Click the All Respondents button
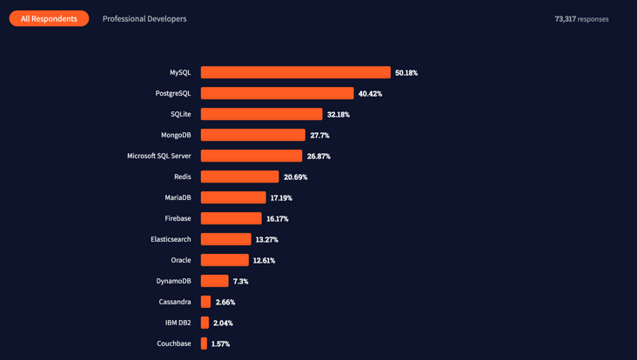tap(49, 18)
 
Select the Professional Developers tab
tap(144, 18)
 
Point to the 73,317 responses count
tap(581, 18)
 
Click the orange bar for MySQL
tap(295, 72)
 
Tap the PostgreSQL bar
tap(277, 93)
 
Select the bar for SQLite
tap(261, 114)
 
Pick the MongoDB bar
tap(252, 135)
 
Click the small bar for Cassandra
tap(205, 302)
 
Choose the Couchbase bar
tap(204, 343)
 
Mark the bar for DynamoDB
tap(214, 281)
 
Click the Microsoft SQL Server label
tap(159, 156)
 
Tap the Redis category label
tap(182, 177)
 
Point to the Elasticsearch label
tap(171, 239)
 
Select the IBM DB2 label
tap(178, 323)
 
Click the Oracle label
tap(180, 260)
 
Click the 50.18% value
tap(406, 73)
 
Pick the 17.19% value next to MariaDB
tap(281, 198)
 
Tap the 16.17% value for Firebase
tap(278, 219)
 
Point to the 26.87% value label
tap(318, 157)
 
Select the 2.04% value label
tap(223, 323)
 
